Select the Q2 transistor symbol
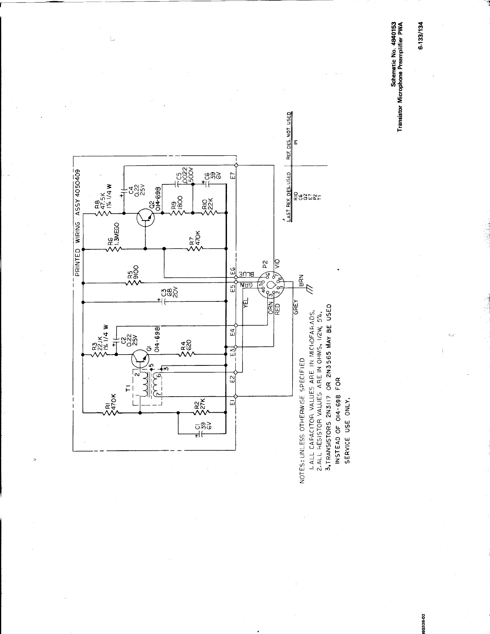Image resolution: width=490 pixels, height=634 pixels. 145,217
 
